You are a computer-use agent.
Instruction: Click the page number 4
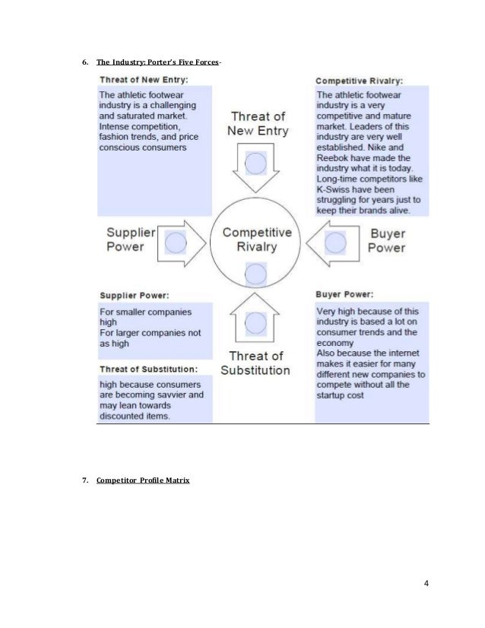click(426, 584)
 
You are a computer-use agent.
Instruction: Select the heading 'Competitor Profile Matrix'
click(144, 480)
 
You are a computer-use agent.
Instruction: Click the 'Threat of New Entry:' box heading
click(144, 78)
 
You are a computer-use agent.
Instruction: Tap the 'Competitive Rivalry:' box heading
click(359, 79)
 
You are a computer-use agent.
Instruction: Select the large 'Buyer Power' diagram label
click(387, 240)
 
